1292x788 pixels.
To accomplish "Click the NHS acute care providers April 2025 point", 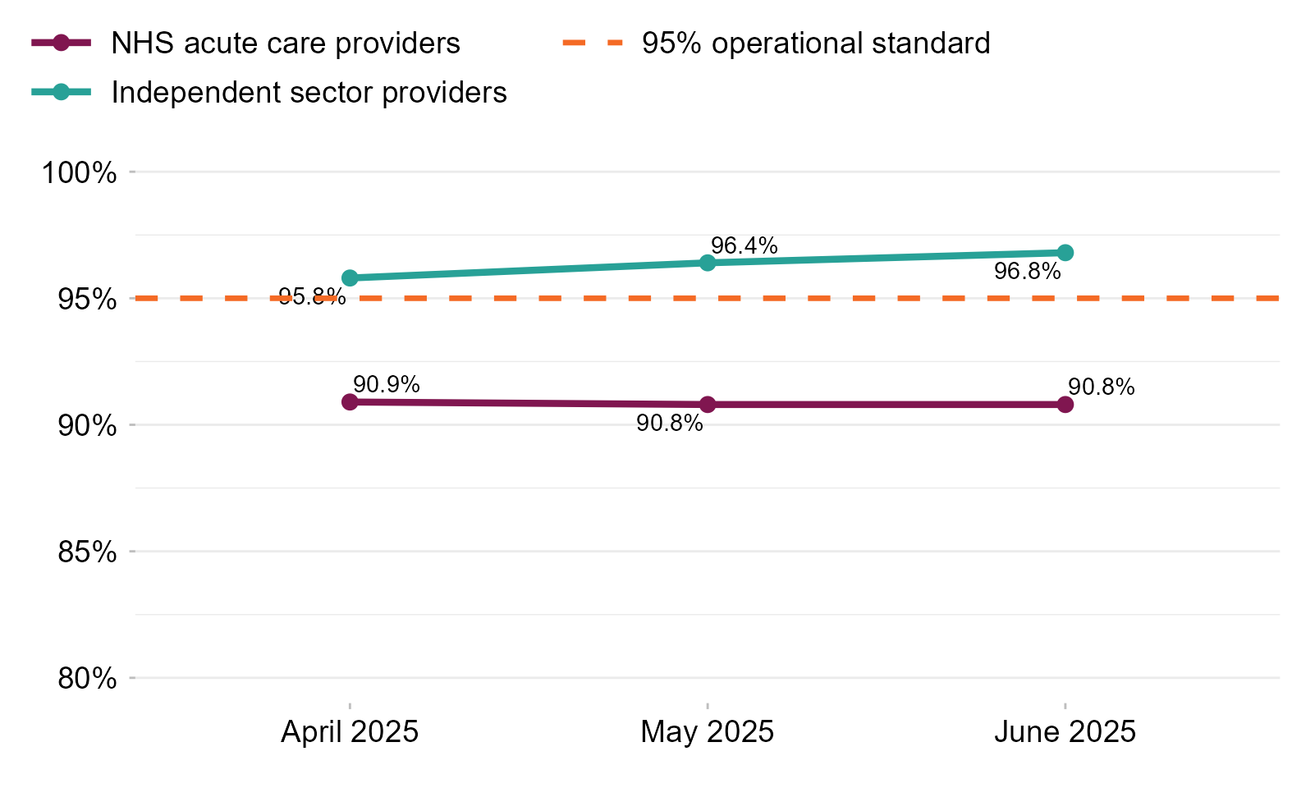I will [x=350, y=401].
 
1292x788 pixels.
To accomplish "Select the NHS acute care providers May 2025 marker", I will [x=708, y=405].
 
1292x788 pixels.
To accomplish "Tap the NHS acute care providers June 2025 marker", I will [x=1065, y=405].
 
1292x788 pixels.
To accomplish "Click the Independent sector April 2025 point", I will [x=350, y=278].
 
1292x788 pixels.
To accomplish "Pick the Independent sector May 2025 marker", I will [x=708, y=263].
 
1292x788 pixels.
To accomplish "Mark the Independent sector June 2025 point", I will [x=1065, y=253].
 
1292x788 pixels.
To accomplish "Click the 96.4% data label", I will [x=744, y=245].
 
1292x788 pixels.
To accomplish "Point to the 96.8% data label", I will [x=1027, y=271].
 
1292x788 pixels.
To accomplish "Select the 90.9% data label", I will [x=387, y=384].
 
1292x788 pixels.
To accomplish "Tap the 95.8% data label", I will [x=312, y=296].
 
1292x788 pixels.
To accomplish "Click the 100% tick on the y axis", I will [x=80, y=173].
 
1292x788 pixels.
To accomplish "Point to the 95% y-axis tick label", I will [x=87, y=300].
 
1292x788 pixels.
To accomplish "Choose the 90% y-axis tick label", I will [x=87, y=426].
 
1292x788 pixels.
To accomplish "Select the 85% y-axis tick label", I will [x=87, y=552].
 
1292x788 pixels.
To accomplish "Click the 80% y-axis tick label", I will [x=87, y=679].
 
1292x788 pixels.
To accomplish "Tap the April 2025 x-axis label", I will [x=350, y=731].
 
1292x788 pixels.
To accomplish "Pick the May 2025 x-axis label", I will [x=708, y=731].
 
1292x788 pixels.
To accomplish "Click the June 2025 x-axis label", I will [x=1065, y=731].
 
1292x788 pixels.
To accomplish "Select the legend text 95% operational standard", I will [x=816, y=44].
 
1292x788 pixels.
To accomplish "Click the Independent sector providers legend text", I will [x=309, y=93].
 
